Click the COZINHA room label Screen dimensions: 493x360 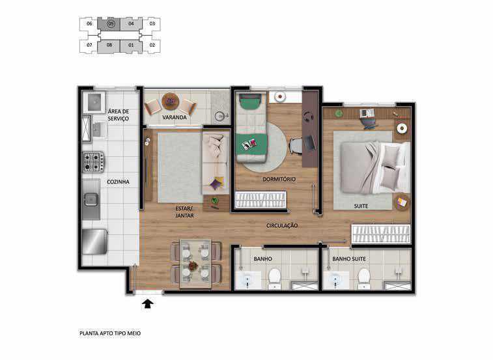tap(118, 182)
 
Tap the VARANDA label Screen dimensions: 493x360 tap(175, 117)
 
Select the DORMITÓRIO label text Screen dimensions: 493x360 tap(279, 179)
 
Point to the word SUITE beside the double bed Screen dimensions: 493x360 tap(361, 206)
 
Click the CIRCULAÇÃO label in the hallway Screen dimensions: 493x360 tap(282, 225)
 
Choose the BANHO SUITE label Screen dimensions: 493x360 tap(349, 258)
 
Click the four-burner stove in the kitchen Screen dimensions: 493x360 tap(93, 162)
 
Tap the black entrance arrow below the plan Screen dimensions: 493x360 tap(148, 304)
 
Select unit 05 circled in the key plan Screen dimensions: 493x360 tap(110, 23)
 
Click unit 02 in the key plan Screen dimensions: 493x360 tap(152, 45)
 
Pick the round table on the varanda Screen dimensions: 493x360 tap(171, 102)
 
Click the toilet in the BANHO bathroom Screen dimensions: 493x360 tap(274, 279)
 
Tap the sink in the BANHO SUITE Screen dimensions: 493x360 tap(337, 281)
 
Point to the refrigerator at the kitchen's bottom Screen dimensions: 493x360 tap(94, 242)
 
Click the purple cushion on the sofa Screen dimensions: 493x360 tap(217, 184)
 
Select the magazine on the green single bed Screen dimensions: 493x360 tap(249, 145)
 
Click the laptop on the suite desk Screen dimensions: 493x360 tap(366, 113)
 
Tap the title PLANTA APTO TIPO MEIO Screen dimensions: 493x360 tap(110, 333)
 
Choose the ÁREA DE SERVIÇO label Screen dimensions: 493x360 tap(119, 115)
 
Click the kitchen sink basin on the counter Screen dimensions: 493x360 tap(91, 200)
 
